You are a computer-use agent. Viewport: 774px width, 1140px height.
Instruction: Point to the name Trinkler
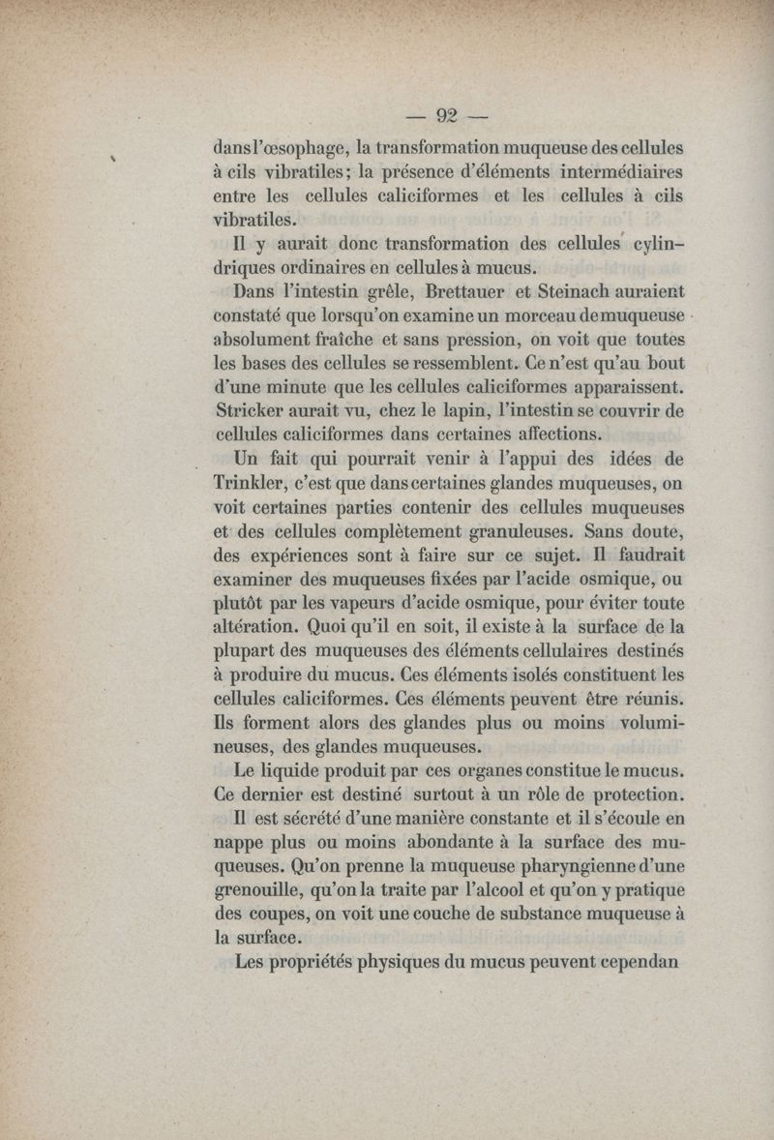click(253, 483)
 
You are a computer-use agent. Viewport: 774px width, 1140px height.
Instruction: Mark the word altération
click(263, 627)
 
